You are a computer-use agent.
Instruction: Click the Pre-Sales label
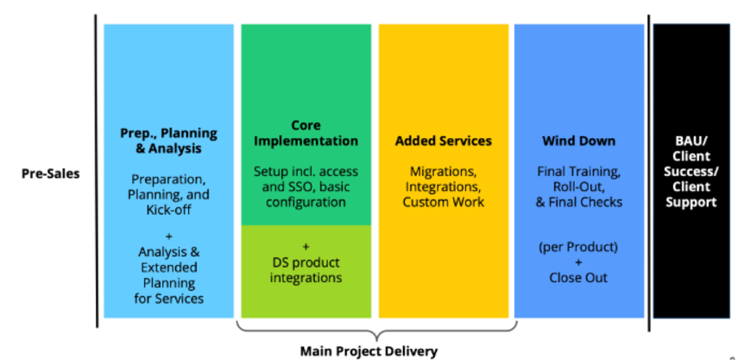pos(50,174)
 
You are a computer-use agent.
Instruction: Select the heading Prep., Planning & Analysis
pos(168,141)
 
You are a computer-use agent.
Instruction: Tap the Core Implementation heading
pos(306,133)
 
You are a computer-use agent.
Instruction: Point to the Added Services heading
pos(444,141)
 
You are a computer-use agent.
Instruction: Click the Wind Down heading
pos(578,141)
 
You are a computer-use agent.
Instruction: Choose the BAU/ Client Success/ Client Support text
pos(690,172)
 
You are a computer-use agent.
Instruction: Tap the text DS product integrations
pos(306,269)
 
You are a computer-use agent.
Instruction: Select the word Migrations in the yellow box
pos(443,171)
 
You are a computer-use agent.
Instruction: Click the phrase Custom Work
pos(444,202)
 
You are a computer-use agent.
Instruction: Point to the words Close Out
pos(578,277)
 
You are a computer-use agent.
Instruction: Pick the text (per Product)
pos(578,246)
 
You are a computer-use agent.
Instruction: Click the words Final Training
pos(578,171)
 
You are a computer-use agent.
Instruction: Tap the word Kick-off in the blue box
pos(168,210)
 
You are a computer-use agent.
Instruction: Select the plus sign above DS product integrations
pos(306,246)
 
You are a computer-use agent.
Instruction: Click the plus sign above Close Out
pos(578,262)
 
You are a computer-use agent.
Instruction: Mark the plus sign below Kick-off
pos(168,236)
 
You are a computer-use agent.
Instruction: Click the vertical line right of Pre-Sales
pos(97,173)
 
